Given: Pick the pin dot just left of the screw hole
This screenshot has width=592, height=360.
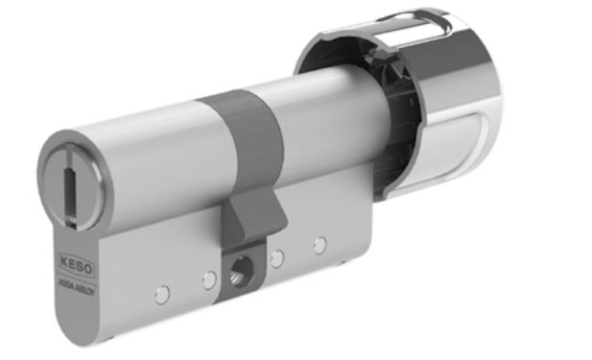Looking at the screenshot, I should point(207,278).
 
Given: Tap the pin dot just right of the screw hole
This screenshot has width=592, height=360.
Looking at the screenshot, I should point(278,256).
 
